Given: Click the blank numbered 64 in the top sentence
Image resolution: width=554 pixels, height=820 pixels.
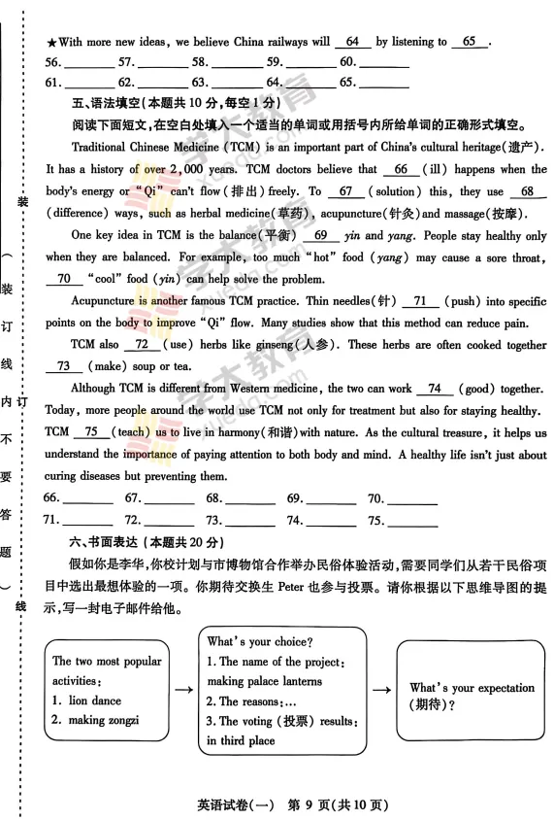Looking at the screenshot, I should [352, 43].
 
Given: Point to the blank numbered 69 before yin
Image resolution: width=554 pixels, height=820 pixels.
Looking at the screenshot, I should [315, 236].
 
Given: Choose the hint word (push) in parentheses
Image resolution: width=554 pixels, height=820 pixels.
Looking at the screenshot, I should [462, 302].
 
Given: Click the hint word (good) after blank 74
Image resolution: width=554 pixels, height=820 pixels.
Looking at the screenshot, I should [473, 389].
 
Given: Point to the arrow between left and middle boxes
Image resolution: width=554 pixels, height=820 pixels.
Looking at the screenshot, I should [181, 689].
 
